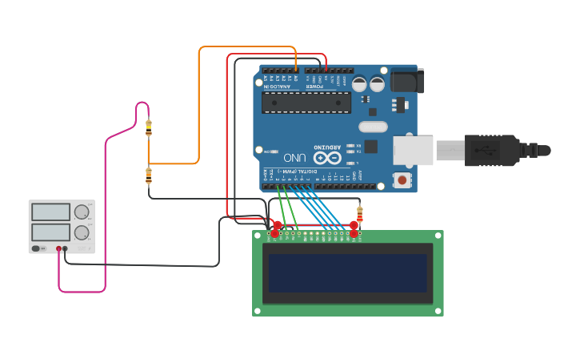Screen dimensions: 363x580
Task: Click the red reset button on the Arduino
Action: (402, 179)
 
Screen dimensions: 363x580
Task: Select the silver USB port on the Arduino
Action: (413, 150)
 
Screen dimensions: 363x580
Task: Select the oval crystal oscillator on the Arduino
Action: (373, 127)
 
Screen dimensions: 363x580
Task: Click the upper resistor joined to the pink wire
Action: (149, 127)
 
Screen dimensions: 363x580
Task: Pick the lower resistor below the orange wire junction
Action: (149, 175)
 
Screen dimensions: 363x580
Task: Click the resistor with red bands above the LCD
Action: (359, 214)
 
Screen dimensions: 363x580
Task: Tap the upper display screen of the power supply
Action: (50, 212)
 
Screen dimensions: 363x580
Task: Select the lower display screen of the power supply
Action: (50, 232)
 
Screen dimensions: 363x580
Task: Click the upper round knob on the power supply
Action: (81, 212)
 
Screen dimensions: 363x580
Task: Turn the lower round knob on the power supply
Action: (81, 232)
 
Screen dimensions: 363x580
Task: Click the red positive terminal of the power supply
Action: (59, 248)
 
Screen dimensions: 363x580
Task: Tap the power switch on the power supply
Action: (37, 248)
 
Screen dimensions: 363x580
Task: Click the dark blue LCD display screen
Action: (347, 273)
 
